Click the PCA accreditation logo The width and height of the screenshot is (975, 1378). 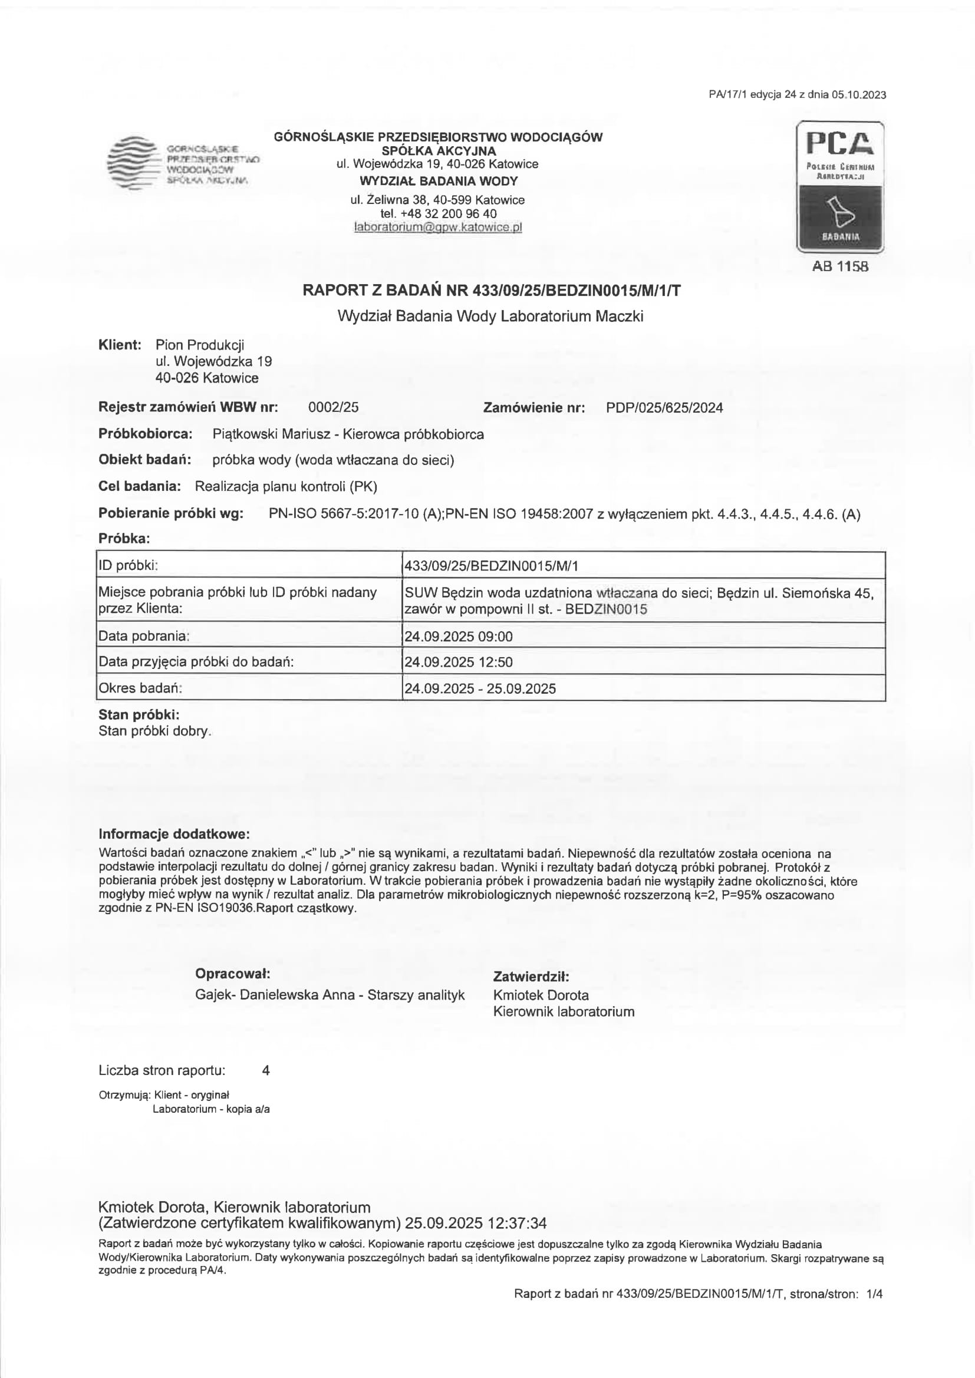coord(840,187)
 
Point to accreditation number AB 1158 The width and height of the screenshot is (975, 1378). coord(840,266)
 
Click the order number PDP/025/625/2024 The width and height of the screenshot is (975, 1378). coord(664,408)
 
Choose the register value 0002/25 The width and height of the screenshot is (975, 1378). coord(333,407)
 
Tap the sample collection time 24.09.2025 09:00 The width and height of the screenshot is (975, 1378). coord(459,636)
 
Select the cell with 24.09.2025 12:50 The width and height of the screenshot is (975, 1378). coord(459,662)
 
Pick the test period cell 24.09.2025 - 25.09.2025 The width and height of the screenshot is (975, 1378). coord(480,688)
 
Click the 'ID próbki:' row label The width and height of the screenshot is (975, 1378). coord(128,565)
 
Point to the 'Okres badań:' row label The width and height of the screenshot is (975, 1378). coord(140,688)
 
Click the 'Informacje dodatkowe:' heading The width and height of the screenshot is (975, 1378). coord(174,834)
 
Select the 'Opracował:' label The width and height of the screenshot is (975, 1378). coord(232,974)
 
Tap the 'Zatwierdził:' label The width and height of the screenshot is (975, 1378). coord(531,977)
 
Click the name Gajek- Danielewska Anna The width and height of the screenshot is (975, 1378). coord(274,994)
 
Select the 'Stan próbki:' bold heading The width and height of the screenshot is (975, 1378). coord(139,715)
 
